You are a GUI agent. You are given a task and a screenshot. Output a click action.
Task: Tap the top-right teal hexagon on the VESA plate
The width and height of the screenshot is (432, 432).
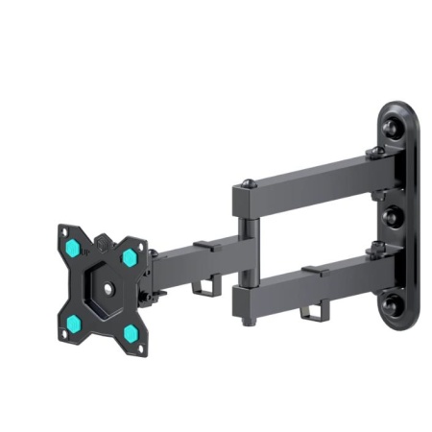129,257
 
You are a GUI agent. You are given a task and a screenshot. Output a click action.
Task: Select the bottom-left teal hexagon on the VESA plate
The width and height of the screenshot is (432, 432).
72,322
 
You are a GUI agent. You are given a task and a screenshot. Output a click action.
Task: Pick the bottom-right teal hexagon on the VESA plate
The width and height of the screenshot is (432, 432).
129,333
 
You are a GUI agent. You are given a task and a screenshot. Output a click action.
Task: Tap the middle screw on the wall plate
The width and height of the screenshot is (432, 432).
392,217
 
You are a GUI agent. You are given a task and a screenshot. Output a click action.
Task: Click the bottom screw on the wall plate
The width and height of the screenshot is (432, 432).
392,307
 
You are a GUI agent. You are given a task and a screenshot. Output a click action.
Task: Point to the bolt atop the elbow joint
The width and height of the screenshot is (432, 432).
248,182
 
